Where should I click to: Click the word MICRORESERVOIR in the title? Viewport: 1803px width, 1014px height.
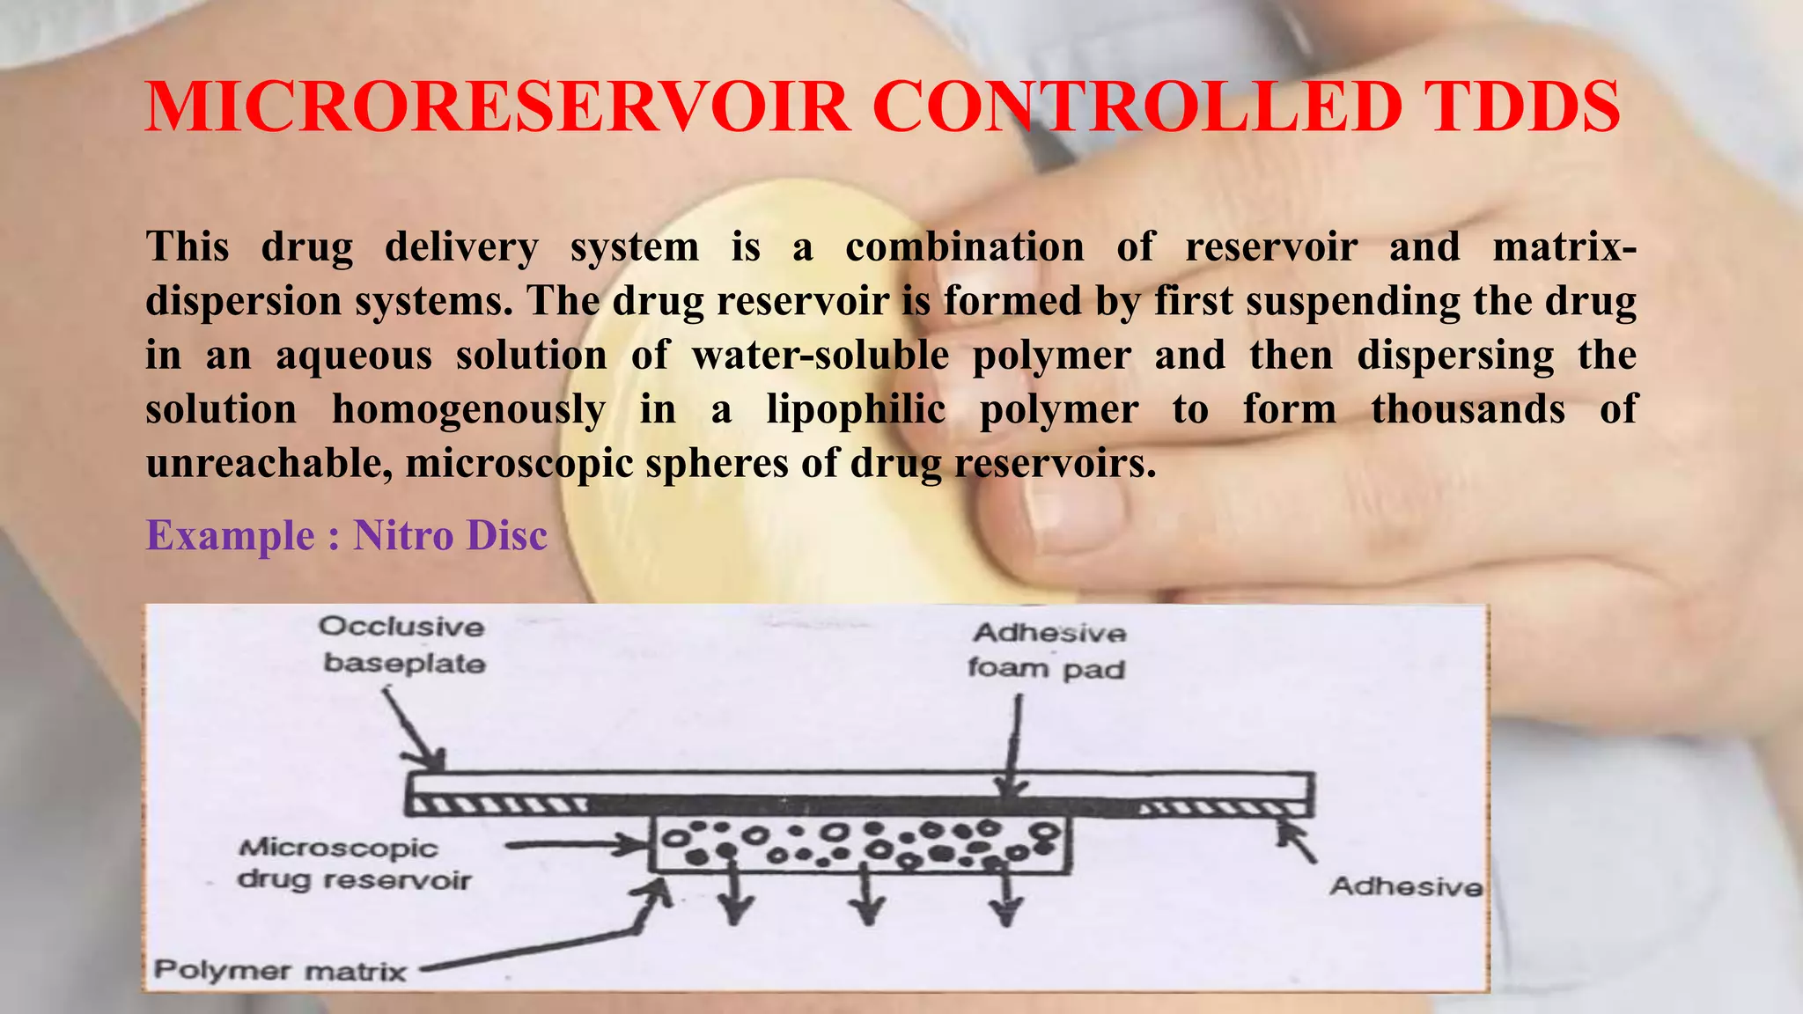497,107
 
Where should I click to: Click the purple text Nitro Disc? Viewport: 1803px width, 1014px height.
450,535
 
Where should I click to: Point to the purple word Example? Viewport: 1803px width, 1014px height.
230,535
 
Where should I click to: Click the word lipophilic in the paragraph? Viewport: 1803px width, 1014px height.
856,409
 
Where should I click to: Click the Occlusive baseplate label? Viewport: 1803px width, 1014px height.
403,644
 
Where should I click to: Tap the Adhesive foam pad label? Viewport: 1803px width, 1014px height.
1048,650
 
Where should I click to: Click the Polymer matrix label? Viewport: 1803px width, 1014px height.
280,971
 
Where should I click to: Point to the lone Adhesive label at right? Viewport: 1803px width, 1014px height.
1405,885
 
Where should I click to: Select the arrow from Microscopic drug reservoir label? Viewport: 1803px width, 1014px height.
577,846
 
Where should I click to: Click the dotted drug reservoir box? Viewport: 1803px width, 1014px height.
860,843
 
